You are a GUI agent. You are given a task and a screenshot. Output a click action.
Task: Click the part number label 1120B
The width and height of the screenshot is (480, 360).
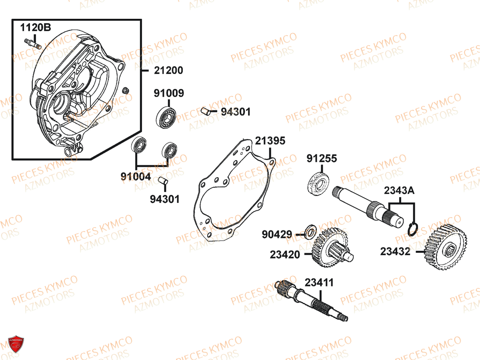[x=36, y=28]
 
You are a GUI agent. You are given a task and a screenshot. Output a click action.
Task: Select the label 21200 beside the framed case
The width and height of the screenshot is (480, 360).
[x=168, y=70]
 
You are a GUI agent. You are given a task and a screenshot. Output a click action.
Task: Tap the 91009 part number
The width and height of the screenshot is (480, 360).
[x=169, y=93]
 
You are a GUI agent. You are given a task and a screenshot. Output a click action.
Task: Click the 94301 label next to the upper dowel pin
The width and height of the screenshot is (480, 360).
[x=236, y=112]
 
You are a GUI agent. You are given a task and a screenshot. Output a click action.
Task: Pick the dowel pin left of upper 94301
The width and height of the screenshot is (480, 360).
[x=206, y=111]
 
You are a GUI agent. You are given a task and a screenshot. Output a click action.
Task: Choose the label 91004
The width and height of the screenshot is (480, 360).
[x=136, y=177]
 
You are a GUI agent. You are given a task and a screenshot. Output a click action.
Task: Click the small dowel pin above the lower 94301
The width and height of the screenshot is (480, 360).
[x=163, y=180]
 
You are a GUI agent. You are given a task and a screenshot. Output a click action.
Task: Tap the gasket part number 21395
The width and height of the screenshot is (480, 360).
[x=270, y=141]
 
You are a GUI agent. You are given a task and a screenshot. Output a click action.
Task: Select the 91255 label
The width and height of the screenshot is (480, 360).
[x=322, y=158]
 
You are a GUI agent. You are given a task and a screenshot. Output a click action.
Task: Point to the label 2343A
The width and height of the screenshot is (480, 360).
[x=399, y=191]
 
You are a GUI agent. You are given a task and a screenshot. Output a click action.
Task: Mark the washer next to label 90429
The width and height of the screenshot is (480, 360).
[x=310, y=232]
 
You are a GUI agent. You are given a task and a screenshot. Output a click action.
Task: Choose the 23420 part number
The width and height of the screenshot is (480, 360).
[x=285, y=255]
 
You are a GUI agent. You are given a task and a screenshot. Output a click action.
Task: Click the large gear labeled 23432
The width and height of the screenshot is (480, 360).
[x=445, y=247]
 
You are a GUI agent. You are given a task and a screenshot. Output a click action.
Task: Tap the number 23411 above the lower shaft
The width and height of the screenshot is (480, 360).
[x=319, y=283]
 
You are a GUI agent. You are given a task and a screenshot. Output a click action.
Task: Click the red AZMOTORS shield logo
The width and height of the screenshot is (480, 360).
[x=16, y=344]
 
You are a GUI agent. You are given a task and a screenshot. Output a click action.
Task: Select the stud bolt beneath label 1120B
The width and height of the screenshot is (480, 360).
[x=33, y=44]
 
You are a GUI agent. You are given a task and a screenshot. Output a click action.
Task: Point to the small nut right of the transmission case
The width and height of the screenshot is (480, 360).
[x=126, y=90]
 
